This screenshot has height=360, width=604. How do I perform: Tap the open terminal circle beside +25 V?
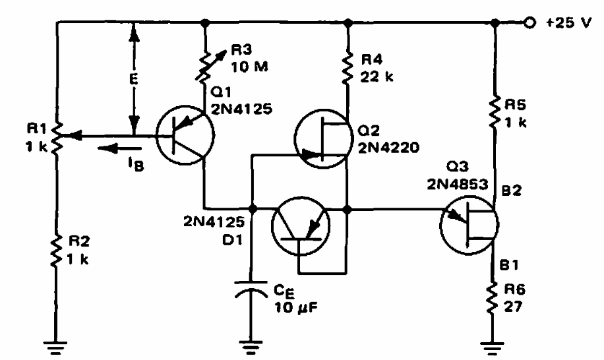(x=529, y=22)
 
